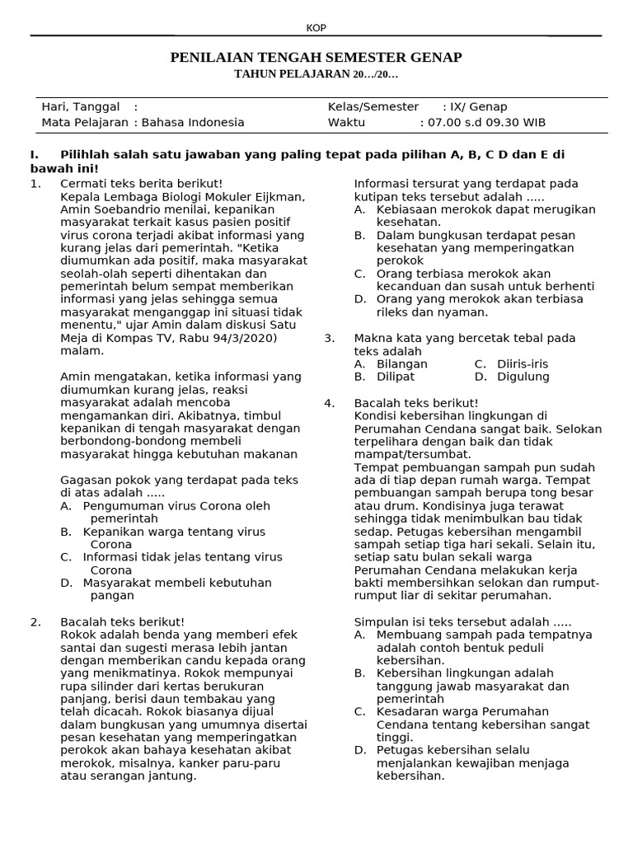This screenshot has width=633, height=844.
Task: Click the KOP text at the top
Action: pyautogui.click(x=316, y=28)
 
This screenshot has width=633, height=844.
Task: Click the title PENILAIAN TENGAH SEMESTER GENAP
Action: pyautogui.click(x=316, y=57)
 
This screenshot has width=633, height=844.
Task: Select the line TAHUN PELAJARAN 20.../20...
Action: pyautogui.click(x=316, y=75)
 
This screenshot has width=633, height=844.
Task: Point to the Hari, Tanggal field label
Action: pyautogui.click(x=81, y=107)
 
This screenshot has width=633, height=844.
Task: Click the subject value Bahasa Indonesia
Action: pyautogui.click(x=194, y=123)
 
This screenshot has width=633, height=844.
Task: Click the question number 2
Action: pyautogui.click(x=35, y=621)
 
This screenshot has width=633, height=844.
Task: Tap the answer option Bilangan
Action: pyautogui.click(x=402, y=364)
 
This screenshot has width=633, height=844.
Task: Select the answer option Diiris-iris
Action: pyautogui.click(x=522, y=364)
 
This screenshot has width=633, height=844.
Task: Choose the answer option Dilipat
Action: pyautogui.click(x=396, y=377)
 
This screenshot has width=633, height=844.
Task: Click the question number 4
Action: pyautogui.click(x=329, y=403)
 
